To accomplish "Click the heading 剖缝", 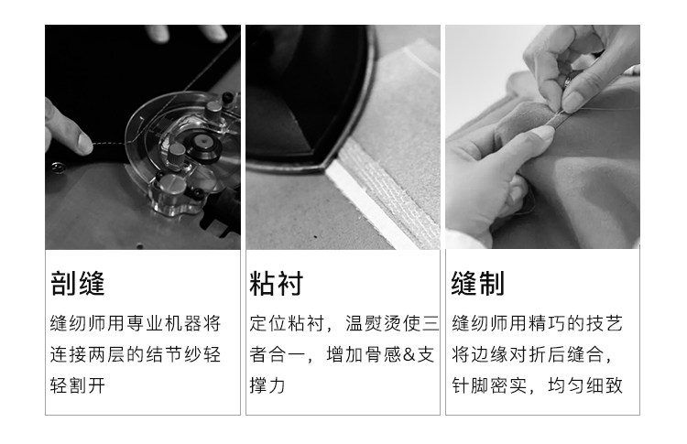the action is tap(78, 283).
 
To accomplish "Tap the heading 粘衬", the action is tap(277, 283).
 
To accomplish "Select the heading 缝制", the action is tap(478, 283).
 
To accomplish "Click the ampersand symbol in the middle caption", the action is tap(409, 354).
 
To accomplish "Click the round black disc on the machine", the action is tap(202, 142).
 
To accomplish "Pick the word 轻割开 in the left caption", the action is tap(78, 385).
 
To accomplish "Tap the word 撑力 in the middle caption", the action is tap(267, 385).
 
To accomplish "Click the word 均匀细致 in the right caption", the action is tap(585, 385).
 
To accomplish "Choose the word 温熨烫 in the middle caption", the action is tap(374, 323).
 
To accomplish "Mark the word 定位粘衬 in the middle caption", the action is tap(287, 323).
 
